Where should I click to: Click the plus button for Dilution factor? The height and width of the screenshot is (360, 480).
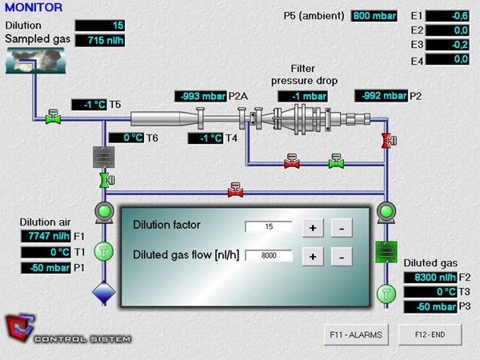pos(313,228)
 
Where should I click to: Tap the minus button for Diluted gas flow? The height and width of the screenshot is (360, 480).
pos(341,257)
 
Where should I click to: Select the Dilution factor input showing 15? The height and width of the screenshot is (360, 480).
pos(269,227)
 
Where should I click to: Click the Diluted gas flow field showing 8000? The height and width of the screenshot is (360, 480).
pos(269,256)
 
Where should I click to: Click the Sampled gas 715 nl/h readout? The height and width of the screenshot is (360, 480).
pos(101,39)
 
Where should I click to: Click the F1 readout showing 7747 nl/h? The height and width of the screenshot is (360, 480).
pos(45,236)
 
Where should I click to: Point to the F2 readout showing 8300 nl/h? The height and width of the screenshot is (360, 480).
pos(431,276)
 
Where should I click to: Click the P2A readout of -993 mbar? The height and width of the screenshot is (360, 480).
pos(200,97)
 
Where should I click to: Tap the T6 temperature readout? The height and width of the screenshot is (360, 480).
pos(126,138)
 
